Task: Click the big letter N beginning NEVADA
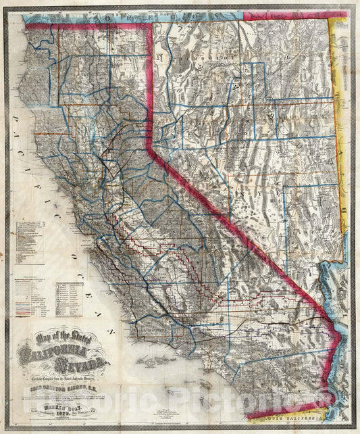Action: tap(160, 57)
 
